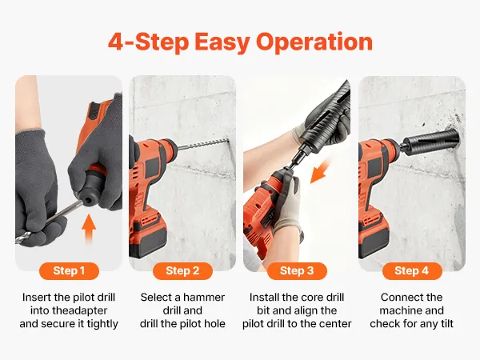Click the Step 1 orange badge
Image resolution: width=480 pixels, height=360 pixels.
click(x=69, y=271)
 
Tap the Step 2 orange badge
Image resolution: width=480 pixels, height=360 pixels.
click(x=182, y=271)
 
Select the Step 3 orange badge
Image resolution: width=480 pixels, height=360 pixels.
click(x=297, y=271)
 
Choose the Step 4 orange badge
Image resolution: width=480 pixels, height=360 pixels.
click(x=412, y=271)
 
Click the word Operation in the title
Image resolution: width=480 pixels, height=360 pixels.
click(x=314, y=42)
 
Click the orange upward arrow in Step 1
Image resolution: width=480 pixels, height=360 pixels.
click(x=89, y=228)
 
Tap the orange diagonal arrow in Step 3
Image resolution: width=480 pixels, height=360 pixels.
click(x=320, y=171)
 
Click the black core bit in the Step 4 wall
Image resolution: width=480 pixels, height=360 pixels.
click(x=430, y=142)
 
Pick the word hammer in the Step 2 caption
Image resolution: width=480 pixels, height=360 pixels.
click(x=204, y=298)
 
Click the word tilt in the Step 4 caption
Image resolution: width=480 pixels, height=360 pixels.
click(x=445, y=323)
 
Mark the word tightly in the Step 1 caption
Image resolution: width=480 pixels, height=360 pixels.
click(x=102, y=324)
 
